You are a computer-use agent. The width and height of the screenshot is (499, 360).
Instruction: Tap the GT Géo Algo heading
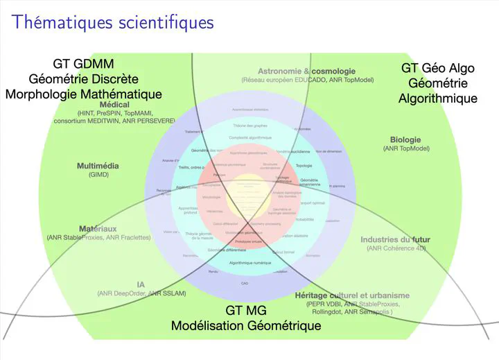click(437, 68)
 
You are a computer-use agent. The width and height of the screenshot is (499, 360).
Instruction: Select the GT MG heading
click(246, 310)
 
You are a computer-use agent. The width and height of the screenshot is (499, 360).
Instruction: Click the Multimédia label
click(98, 166)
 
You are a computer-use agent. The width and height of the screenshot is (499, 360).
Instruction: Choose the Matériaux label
click(98, 228)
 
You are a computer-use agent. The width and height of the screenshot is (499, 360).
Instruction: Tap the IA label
click(141, 284)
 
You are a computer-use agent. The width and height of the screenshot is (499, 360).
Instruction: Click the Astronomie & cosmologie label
click(306, 71)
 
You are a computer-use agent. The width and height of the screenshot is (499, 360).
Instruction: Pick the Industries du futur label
click(395, 240)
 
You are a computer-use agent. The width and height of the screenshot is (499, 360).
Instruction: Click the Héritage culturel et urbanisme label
click(353, 295)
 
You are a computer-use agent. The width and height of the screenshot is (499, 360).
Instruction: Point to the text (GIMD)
click(98, 175)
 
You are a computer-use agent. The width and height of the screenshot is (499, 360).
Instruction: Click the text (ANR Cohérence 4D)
click(396, 248)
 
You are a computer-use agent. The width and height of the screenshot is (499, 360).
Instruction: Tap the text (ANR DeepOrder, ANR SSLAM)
click(141, 293)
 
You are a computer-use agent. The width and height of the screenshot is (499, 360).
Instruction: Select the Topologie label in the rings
click(304, 166)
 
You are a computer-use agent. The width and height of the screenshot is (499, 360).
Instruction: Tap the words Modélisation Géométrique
click(246, 325)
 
